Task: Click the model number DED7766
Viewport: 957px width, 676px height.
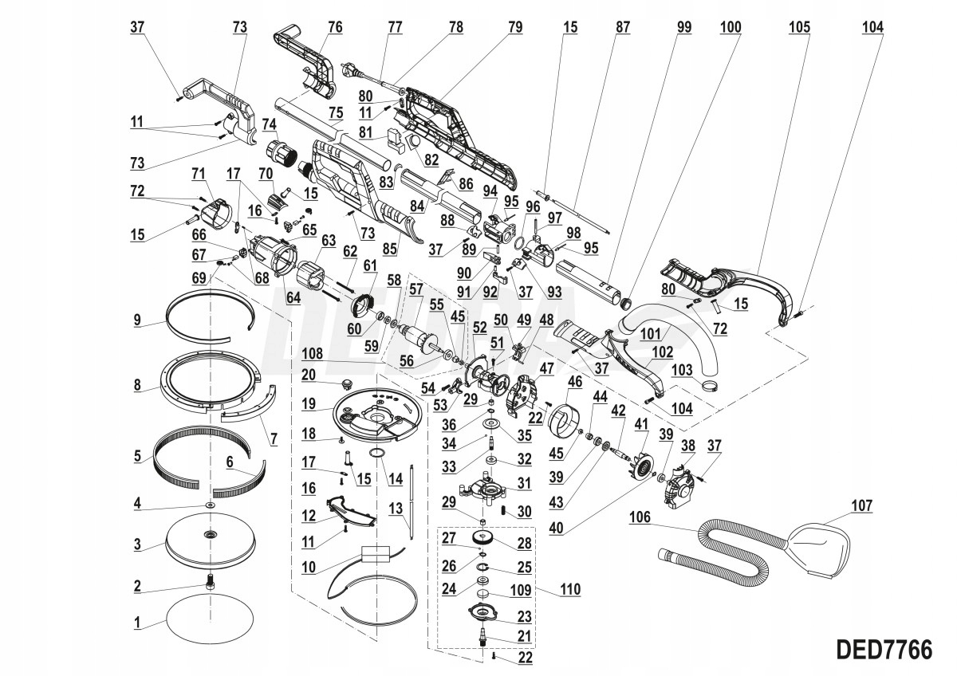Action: coord(884,650)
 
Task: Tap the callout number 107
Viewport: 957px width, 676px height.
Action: coord(862,505)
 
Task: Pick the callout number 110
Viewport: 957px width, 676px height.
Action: coord(570,590)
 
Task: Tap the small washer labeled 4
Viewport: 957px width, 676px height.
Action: coord(210,505)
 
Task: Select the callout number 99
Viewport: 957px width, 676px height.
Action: coord(683,27)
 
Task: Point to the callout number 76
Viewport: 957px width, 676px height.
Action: coord(335,27)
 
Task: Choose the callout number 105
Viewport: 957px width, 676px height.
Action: coord(799,27)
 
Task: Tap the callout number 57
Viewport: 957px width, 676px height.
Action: coord(415,289)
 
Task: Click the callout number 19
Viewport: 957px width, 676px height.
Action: coord(309,403)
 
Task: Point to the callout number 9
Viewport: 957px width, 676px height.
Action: coord(136,320)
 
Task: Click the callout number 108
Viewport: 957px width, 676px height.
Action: coord(313,354)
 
